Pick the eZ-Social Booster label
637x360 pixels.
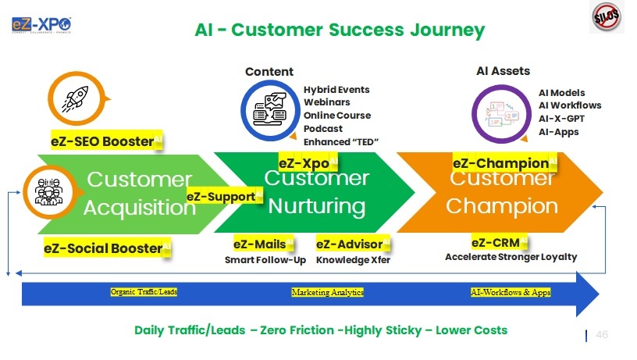tap(107, 248)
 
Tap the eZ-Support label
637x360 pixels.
tap(224, 196)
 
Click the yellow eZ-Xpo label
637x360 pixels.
tap(308, 163)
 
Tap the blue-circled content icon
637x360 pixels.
tap(268, 108)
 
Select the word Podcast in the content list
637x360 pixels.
tap(323, 128)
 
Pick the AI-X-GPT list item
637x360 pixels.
tap(561, 119)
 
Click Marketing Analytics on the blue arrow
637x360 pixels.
tap(328, 292)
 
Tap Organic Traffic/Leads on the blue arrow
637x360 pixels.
tap(144, 292)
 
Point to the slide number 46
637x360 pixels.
tap(601, 334)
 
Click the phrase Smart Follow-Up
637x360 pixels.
tap(265, 260)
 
